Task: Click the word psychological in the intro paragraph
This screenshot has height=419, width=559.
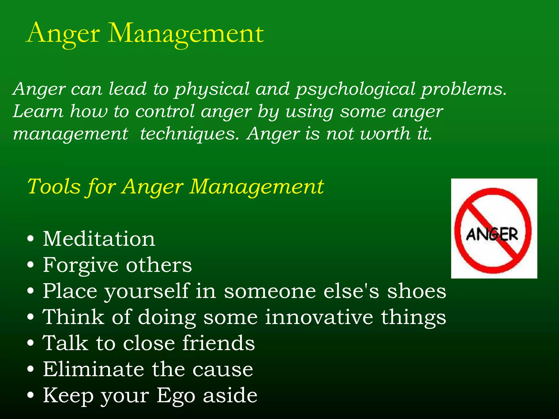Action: coord(355,89)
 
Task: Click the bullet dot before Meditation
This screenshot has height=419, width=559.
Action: coord(31,239)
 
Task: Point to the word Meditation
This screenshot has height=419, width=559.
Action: coord(99,239)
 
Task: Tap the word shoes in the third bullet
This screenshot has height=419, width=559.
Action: coord(417,291)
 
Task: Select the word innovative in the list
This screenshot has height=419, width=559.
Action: coord(319,317)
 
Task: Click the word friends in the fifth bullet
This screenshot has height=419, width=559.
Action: coord(219,343)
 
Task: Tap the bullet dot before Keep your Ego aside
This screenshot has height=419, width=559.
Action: coord(31,395)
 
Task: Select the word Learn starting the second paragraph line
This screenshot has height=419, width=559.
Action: coord(38,112)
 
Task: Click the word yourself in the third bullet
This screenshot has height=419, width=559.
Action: coord(147,291)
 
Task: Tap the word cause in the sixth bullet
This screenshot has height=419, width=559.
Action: coord(223,369)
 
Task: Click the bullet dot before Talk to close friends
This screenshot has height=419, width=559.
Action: coord(31,343)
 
